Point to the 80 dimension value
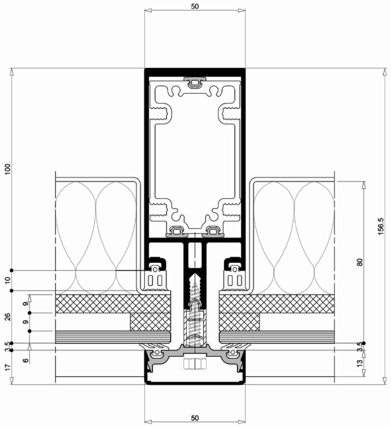click(360, 262)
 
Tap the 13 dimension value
click(360, 364)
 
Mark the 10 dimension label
click(7, 281)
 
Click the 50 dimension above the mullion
click(195, 7)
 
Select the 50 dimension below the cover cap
click(195, 418)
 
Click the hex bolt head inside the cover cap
click(195, 364)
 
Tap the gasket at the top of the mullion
click(195, 81)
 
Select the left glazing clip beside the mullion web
click(156, 275)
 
